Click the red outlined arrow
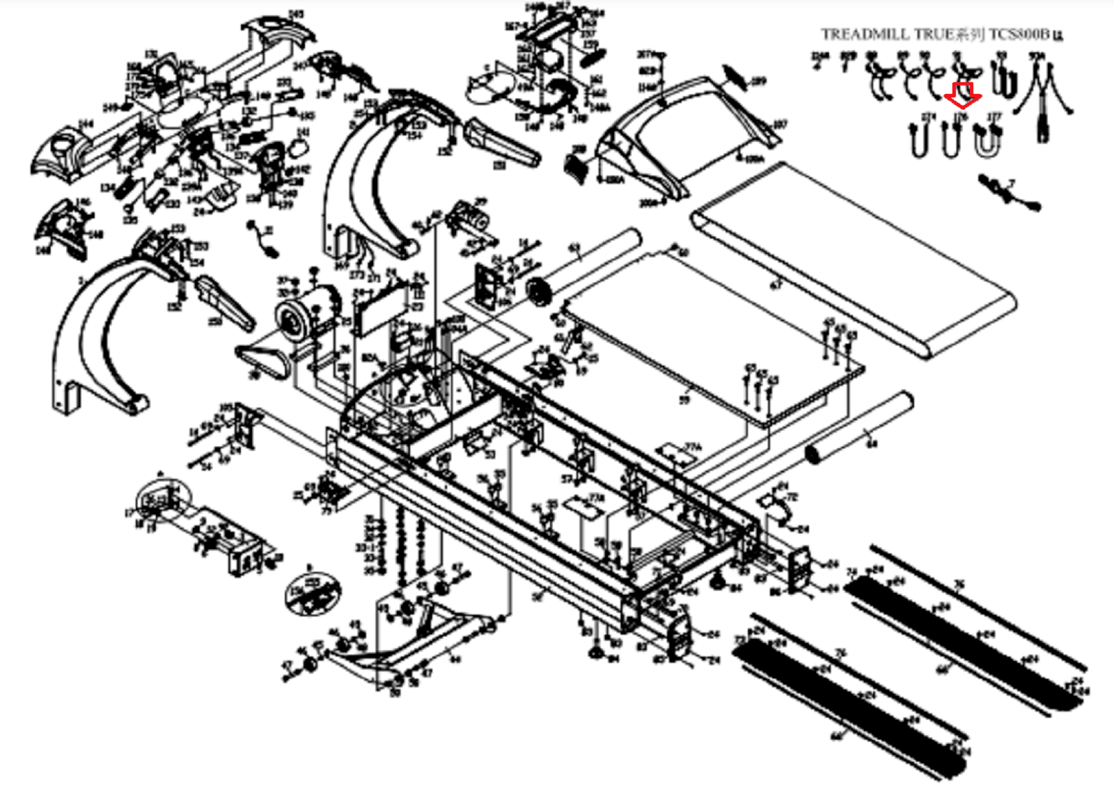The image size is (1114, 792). [x=963, y=95]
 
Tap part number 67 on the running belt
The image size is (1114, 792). [x=776, y=285]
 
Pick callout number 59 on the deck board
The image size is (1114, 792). [x=684, y=400]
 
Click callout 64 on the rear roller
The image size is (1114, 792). [x=872, y=443]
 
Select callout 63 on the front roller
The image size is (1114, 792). [x=574, y=248]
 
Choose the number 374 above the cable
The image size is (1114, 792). [x=928, y=118]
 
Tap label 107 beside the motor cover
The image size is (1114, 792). [x=780, y=125]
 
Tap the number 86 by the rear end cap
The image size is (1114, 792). [x=774, y=592]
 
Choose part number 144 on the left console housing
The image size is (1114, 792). [x=85, y=124]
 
